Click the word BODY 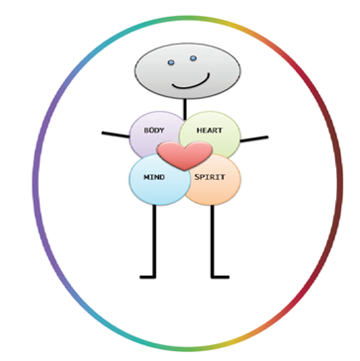[x=153, y=130]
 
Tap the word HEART [x=210, y=130]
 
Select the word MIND [x=152, y=178]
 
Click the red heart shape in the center [x=184, y=154]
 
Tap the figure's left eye [x=169, y=61]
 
